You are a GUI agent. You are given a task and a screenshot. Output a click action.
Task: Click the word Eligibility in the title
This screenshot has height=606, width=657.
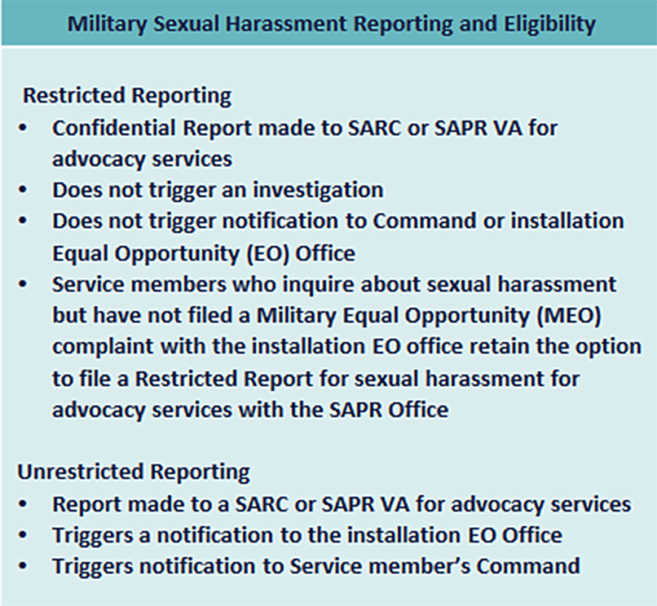point(545,23)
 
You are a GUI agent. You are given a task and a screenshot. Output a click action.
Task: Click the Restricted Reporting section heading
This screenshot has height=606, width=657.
point(127,96)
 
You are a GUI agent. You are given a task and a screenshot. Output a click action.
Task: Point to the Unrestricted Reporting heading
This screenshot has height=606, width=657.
point(134,472)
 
